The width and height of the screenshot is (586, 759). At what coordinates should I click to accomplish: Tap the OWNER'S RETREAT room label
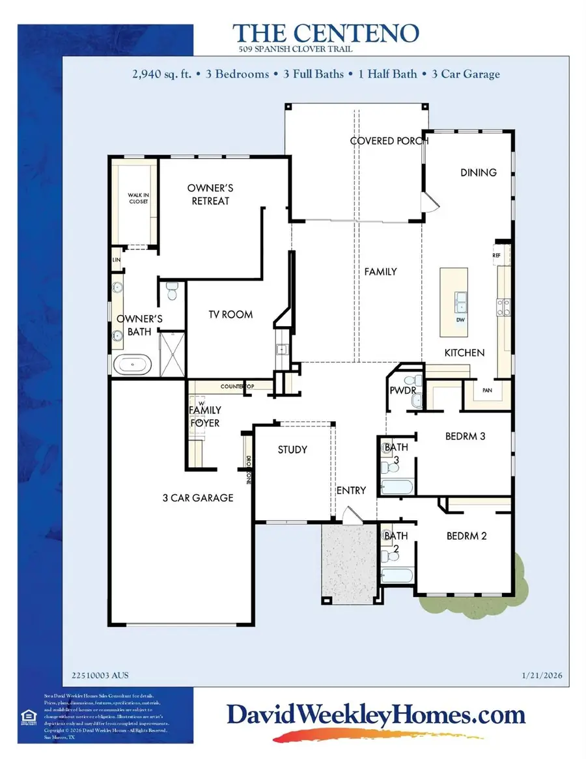click(210, 195)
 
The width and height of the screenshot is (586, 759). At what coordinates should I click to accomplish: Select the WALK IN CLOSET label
click(137, 198)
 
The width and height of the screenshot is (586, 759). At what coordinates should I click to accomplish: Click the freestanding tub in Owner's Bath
click(133, 365)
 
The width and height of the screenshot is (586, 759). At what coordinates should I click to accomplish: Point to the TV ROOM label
click(230, 314)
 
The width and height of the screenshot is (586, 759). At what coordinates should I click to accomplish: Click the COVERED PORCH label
click(389, 141)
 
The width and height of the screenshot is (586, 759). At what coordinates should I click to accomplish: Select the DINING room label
click(479, 172)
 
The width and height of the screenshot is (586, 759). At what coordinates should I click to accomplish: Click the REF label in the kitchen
click(496, 256)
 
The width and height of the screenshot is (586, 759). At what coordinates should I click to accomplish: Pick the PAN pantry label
click(486, 391)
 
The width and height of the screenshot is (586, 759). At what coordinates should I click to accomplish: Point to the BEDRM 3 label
click(465, 436)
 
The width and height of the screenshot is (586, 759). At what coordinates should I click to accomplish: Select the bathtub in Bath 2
click(397, 575)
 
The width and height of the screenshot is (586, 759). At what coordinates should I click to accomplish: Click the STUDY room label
click(292, 450)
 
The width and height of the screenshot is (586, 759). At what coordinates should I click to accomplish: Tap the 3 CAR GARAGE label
click(198, 498)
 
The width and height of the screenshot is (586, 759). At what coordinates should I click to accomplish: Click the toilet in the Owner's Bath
click(172, 291)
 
